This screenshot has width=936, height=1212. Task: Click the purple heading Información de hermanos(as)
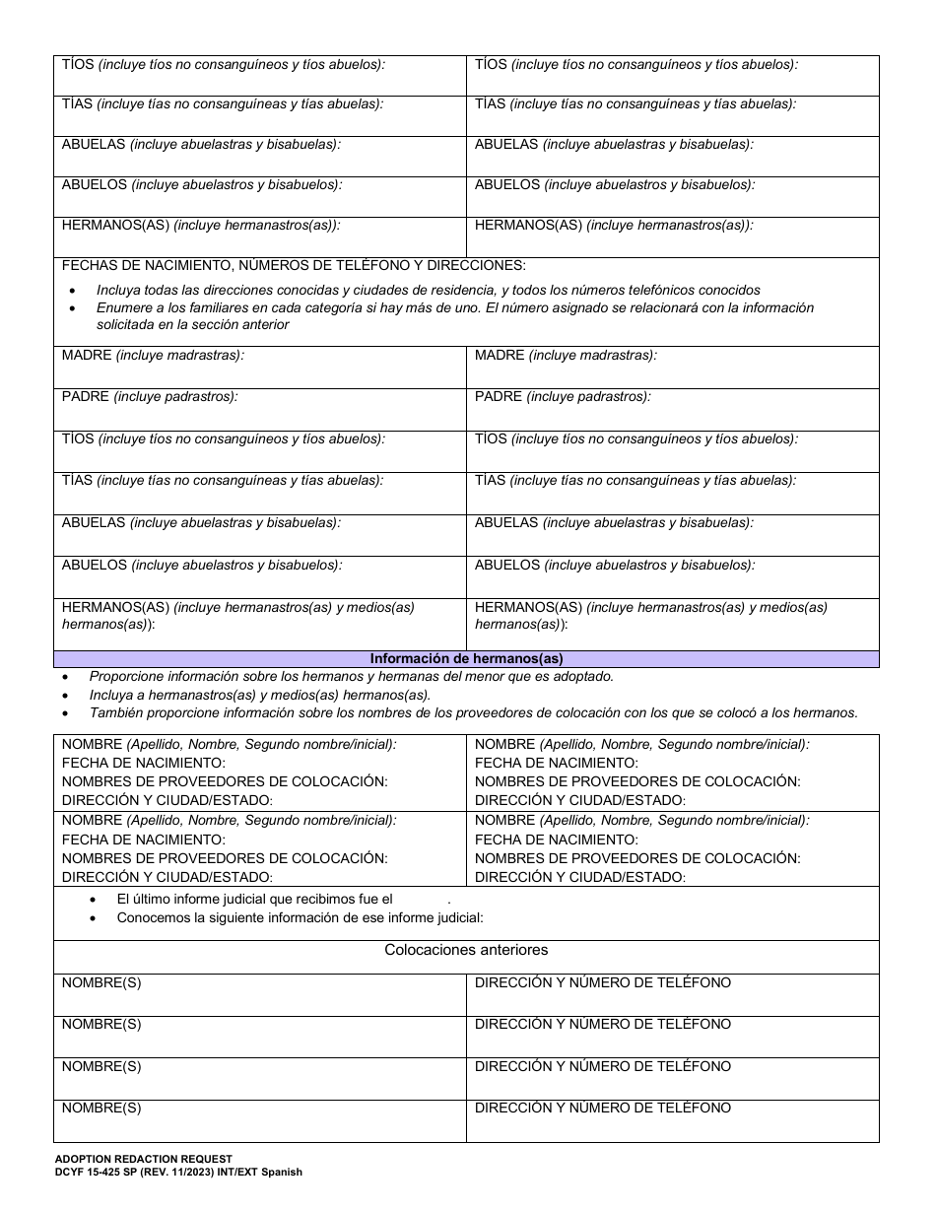[x=466, y=659]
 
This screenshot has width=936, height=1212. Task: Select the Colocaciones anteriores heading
[x=466, y=950]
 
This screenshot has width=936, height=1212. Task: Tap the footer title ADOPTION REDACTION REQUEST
[x=144, y=1160]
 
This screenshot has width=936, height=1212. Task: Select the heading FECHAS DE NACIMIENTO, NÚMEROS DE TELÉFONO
[x=294, y=265]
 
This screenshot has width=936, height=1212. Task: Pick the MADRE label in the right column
[x=500, y=355]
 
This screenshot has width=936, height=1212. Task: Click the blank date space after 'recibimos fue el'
[x=421, y=900]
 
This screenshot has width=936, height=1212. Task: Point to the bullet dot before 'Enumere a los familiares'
[x=75, y=308]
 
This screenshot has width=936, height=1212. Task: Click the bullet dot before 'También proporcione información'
[x=66, y=713]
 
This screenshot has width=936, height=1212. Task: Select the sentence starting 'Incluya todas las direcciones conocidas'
[x=428, y=290]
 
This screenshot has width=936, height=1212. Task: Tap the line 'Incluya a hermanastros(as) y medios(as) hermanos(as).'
[x=260, y=695]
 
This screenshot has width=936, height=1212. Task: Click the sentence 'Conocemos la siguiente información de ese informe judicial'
[x=300, y=917]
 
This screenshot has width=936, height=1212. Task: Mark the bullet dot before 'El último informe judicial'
[x=94, y=900]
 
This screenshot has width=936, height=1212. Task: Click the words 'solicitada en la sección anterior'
[x=192, y=324]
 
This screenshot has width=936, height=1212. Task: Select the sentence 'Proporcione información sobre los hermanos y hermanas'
[x=351, y=676]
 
